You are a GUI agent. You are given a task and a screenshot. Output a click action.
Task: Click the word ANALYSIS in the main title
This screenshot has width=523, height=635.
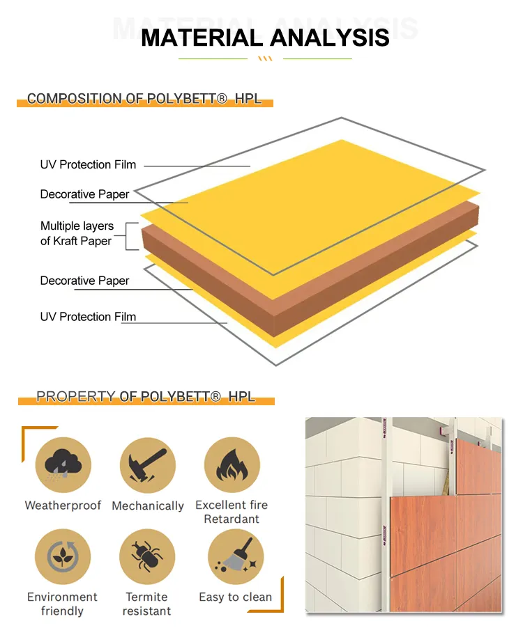click(x=329, y=38)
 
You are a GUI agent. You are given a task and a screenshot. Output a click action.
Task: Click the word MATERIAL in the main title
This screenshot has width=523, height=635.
click(x=202, y=38)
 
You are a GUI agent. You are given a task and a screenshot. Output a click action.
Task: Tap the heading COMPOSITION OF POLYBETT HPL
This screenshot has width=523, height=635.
click(x=144, y=98)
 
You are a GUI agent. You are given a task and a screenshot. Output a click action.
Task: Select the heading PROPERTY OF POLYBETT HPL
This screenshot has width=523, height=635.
click(x=146, y=396)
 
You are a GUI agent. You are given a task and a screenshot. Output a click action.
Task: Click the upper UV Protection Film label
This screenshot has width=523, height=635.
click(x=88, y=164)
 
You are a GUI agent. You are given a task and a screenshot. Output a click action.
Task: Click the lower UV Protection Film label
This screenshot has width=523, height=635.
click(x=88, y=317)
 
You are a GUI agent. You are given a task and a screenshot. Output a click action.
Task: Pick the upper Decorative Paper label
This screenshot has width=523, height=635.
click(x=84, y=194)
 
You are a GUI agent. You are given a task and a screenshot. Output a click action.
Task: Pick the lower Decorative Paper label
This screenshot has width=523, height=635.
click(x=84, y=281)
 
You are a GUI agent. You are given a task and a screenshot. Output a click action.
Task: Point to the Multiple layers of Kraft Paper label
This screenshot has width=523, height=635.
click(x=77, y=233)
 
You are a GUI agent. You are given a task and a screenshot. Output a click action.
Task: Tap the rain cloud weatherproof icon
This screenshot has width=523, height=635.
click(x=63, y=465)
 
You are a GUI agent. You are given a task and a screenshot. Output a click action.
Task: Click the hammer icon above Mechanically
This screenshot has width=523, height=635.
click(x=148, y=465)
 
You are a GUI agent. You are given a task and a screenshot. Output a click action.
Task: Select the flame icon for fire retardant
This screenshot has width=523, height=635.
click(x=232, y=465)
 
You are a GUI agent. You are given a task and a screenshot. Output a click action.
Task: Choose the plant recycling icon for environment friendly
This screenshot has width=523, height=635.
click(x=63, y=556)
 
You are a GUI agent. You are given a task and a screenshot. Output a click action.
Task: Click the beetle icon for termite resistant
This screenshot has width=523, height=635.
click(x=147, y=556)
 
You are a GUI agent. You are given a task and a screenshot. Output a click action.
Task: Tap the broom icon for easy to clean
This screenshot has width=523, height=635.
click(x=236, y=556)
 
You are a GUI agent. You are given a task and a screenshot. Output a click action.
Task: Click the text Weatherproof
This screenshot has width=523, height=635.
click(x=63, y=505)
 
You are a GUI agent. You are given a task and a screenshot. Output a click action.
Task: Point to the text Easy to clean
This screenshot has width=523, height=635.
click(x=235, y=597)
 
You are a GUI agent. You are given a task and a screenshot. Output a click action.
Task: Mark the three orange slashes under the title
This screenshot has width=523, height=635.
click(x=265, y=58)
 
